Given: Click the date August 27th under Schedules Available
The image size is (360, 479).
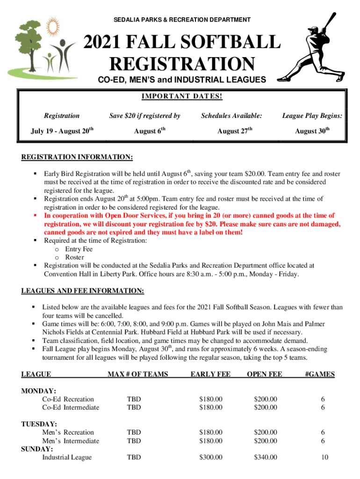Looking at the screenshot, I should point(235,131).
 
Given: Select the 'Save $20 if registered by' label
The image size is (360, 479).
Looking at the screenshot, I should point(144,116).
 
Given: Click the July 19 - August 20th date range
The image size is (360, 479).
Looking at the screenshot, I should point(61,131).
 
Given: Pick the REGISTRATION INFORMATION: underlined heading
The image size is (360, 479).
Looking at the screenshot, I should point(77,156).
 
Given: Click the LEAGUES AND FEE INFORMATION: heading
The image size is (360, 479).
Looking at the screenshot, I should point(83,291).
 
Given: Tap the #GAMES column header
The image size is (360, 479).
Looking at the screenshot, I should point(319,374).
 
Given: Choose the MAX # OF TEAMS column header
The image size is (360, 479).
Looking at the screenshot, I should point(137,374).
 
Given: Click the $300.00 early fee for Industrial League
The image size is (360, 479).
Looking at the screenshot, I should point(210,457).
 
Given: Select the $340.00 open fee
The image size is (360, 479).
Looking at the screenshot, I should point(266,457).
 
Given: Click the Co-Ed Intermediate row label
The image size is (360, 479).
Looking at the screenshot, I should point(71,407).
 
